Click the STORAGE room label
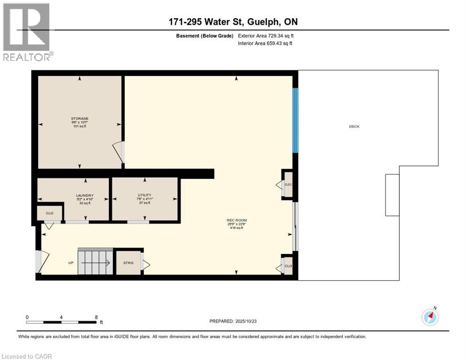[x=80, y=119]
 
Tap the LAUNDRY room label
[x=85, y=195]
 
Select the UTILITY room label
[x=144, y=195]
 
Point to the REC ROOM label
[x=237, y=220]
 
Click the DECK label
[x=354, y=127]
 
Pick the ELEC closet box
[x=288, y=185]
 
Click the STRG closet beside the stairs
[x=128, y=263]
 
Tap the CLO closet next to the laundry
[x=50, y=213]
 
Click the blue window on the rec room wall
[x=295, y=120]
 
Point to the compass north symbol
[x=430, y=317]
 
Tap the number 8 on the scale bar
[x=96, y=317]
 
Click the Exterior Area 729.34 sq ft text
[x=266, y=36]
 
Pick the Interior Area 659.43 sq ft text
[x=266, y=44]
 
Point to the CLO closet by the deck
[x=288, y=266]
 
